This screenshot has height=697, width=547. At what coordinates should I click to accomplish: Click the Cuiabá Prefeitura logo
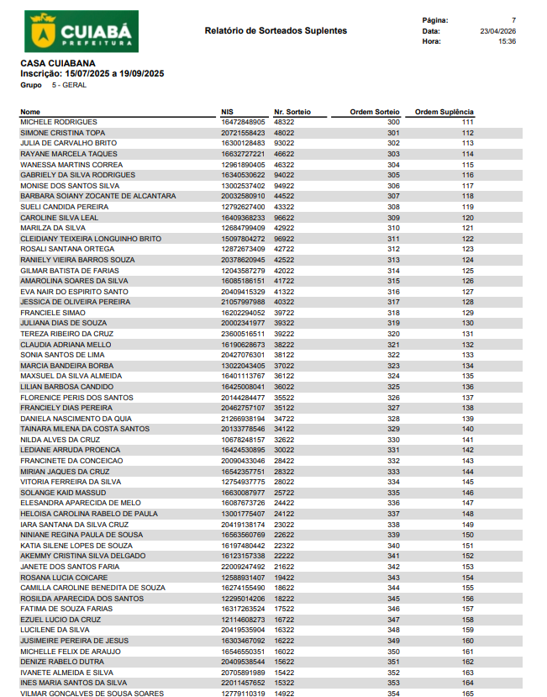[82, 31]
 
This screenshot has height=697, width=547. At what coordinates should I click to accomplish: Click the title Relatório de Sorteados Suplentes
[276, 31]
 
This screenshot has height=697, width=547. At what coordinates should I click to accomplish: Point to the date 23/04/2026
[497, 30]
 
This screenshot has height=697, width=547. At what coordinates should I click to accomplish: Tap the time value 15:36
[507, 40]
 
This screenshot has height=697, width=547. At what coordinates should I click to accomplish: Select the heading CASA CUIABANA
[58, 63]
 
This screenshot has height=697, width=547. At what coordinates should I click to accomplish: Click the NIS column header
[227, 112]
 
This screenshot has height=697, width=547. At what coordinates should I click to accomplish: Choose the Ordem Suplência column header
[444, 112]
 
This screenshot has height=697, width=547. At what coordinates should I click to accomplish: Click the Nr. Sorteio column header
[292, 112]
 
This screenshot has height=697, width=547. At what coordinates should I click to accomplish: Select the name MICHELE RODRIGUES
[59, 123]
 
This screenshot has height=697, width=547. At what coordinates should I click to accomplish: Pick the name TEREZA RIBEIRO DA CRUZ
[66, 334]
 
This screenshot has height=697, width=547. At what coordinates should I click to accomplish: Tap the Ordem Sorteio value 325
[393, 387]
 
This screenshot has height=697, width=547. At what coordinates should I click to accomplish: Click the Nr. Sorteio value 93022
[284, 144]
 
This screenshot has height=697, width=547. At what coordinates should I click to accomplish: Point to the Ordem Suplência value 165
[468, 694]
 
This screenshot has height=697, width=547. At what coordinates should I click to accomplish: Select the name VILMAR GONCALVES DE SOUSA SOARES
[92, 694]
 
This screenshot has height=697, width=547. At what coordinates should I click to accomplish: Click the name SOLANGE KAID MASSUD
[63, 493]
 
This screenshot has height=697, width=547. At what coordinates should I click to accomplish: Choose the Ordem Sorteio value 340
[393, 546]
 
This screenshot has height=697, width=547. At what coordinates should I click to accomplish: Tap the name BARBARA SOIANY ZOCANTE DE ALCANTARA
[98, 196]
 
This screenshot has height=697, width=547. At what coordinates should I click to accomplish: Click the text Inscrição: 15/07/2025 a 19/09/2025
[92, 74]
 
